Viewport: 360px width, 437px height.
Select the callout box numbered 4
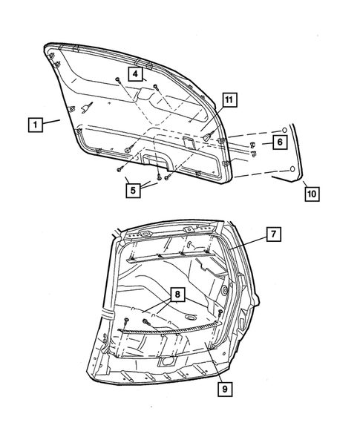click(136, 73)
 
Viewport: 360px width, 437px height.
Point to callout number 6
click(278, 141)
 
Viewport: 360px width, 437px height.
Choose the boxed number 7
click(273, 234)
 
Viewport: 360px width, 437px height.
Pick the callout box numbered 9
click(222, 387)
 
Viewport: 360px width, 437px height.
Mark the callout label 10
click(312, 194)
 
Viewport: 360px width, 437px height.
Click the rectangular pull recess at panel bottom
click(155, 158)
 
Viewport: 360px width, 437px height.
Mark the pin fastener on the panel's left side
click(86, 108)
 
